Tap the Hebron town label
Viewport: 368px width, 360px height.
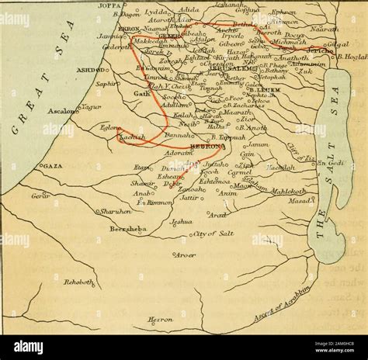tap(207, 146)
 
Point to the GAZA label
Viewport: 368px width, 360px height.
tap(53, 166)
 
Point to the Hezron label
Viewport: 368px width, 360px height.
tap(161, 319)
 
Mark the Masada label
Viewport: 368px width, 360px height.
tap(299, 201)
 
